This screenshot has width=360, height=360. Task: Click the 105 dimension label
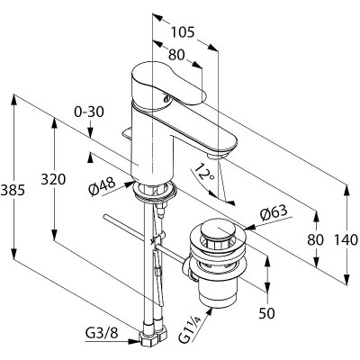183,32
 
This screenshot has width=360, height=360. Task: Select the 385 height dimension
13,190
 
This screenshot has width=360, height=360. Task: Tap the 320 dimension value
53,180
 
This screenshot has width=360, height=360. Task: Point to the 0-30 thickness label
89,112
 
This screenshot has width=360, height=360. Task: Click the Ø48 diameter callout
102,186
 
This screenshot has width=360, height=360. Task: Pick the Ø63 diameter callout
274,213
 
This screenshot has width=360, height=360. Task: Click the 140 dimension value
346,240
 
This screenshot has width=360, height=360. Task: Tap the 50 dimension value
266,313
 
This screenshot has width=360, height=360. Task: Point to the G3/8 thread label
102,332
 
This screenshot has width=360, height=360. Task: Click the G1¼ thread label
190,331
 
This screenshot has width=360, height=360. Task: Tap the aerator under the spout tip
218,155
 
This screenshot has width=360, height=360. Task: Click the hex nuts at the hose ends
153,336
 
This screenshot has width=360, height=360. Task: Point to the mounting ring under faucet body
155,191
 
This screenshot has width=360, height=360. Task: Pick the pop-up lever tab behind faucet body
127,133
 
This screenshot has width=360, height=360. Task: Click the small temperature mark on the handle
166,97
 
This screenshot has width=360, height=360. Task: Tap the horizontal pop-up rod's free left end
104,216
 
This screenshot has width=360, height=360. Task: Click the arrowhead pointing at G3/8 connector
134,341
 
